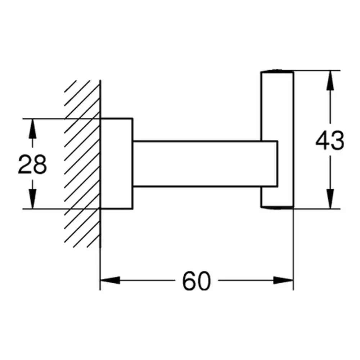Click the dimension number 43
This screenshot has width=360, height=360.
[x=330, y=140]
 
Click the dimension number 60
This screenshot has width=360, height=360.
[x=196, y=281]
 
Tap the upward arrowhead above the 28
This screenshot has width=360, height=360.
[x=32, y=129]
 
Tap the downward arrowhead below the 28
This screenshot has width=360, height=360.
[x=32, y=199]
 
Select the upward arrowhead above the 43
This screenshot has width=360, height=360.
[x=330, y=80]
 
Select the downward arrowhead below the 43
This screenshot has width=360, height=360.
[x=330, y=199]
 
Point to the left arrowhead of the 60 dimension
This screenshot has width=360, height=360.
[x=110, y=280]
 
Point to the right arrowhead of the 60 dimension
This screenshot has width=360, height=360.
[x=283, y=280]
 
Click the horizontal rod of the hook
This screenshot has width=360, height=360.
[x=205, y=164]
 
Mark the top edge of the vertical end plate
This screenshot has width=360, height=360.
[x=277, y=71]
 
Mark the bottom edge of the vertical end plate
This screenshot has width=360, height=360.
[x=277, y=208]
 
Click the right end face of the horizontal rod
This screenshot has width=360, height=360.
[x=278, y=164]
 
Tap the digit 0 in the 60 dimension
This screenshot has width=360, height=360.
[x=204, y=281]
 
